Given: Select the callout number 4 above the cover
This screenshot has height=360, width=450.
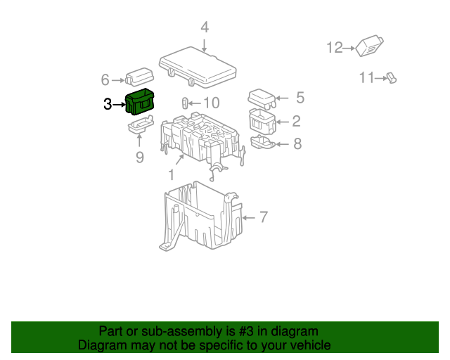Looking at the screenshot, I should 205,27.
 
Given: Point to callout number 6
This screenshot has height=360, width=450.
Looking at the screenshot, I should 105,79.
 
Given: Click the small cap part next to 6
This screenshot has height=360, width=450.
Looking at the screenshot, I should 139,77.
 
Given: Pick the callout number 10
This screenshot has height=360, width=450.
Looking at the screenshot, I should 212,103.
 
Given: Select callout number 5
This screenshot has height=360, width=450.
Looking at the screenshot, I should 300,98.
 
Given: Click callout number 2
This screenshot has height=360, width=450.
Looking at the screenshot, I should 297,121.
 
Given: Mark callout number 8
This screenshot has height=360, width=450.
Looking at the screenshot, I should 297,144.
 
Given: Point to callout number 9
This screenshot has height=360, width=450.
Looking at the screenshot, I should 139,157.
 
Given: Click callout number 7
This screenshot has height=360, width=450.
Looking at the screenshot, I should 264,217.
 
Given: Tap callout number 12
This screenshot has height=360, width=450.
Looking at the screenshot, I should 334,48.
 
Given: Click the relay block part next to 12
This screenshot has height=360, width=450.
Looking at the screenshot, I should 370,46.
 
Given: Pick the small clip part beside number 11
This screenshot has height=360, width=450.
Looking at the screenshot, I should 391,78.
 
